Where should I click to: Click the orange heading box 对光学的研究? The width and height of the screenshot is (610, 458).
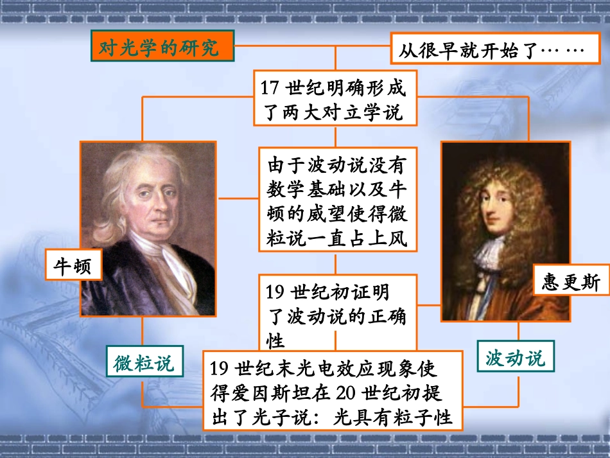coord(161,48)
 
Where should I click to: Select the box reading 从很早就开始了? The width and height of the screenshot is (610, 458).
coord(491,50)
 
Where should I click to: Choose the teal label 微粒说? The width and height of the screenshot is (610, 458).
coord(144,364)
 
